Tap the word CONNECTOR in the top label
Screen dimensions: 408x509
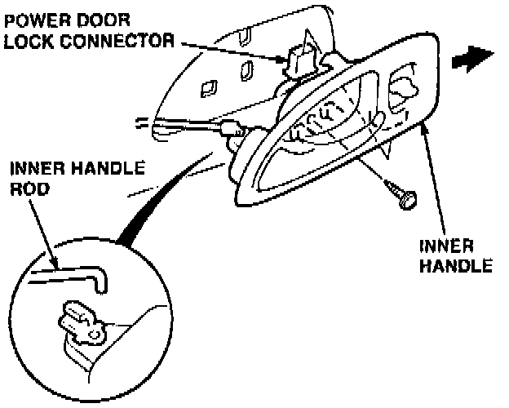click(x=115, y=39)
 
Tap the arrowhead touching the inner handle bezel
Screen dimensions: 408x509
click(x=425, y=131)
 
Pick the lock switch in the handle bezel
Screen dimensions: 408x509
click(x=401, y=87)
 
